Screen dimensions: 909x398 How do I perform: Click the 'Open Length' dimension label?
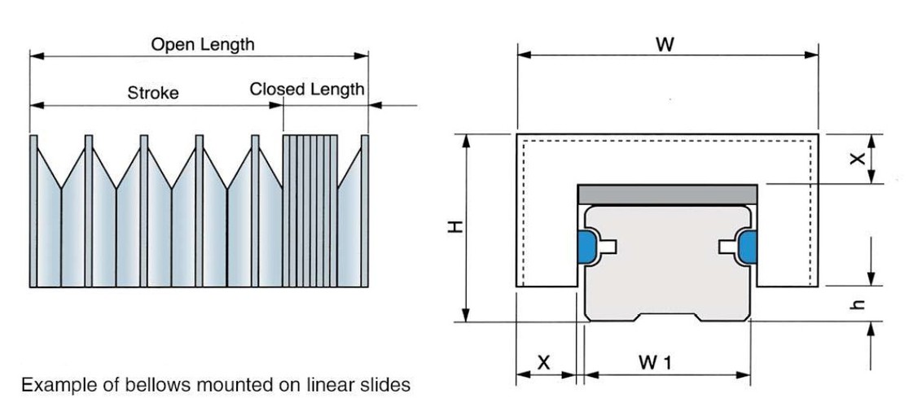[202, 45]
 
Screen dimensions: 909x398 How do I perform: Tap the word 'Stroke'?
[153, 93]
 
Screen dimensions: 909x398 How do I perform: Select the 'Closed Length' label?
[307, 90]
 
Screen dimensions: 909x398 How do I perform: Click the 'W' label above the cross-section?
[665, 44]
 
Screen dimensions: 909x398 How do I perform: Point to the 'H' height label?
[455, 227]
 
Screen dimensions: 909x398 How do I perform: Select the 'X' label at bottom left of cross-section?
[543, 363]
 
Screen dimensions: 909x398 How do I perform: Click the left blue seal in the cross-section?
[586, 247]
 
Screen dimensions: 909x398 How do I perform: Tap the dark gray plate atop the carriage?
[667, 195]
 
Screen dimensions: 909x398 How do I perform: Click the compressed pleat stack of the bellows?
[310, 211]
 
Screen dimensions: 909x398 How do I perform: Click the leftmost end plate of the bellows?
[33, 211]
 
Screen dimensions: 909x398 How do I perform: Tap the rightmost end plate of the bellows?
[365, 211]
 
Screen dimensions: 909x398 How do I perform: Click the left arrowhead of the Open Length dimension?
[36, 55]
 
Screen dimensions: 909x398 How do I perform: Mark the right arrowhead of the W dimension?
[811, 55]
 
